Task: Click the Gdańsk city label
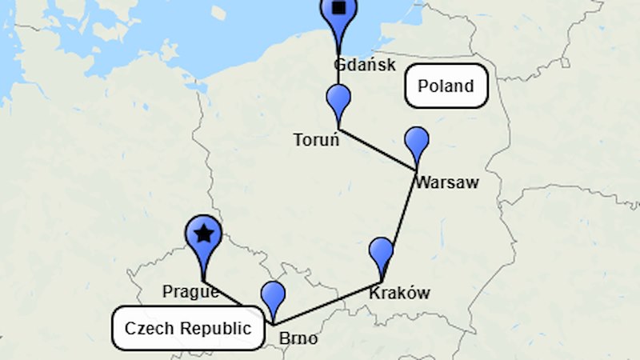click(365, 65)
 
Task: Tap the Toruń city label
click(317, 140)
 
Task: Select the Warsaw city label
click(446, 182)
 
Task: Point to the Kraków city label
click(399, 293)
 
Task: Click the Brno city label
click(298, 339)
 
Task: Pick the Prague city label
click(190, 291)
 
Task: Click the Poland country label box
click(446, 86)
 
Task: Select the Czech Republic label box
click(188, 328)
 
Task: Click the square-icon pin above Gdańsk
click(339, 14)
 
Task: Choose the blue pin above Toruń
click(339, 102)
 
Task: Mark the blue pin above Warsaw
click(417, 142)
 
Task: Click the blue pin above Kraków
click(381, 254)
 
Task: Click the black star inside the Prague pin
click(205, 234)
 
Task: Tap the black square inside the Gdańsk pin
click(339, 8)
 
